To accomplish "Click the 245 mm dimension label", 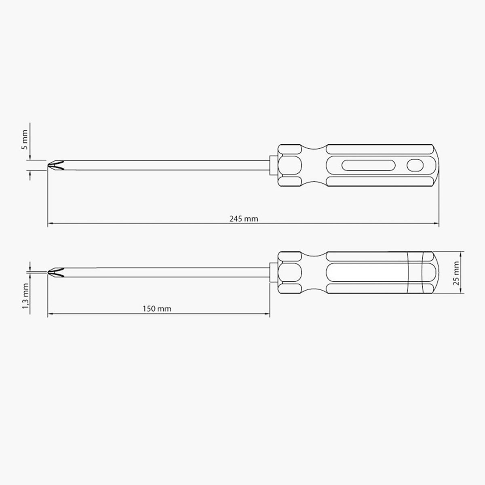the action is click(244, 219).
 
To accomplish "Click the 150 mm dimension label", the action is click(157, 308).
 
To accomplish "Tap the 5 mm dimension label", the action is click(24, 140).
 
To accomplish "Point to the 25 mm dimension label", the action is click(456, 273).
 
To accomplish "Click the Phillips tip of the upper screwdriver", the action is click(56, 165).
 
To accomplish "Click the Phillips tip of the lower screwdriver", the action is click(56, 272).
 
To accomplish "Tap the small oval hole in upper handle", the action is click(415, 165).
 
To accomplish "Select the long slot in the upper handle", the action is click(368, 165).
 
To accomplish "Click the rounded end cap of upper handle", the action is click(436, 165).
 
